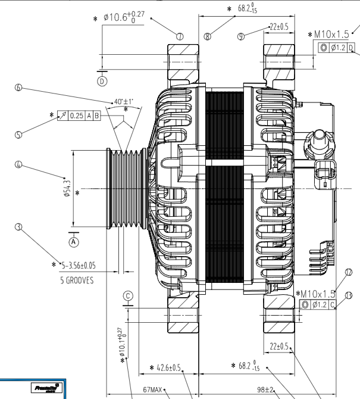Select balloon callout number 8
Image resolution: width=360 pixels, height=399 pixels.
(207, 36)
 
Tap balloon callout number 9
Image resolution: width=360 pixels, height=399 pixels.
(241, 36)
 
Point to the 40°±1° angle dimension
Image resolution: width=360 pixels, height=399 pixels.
(123, 101)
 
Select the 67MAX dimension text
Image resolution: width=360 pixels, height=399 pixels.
(153, 390)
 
